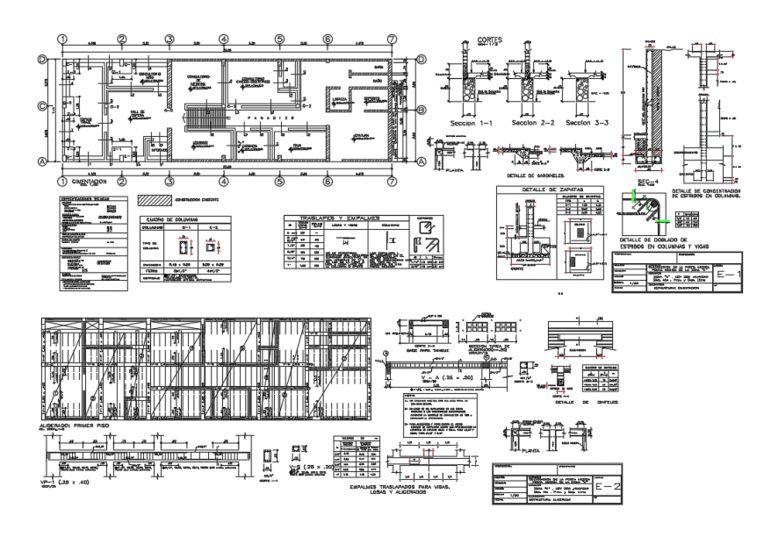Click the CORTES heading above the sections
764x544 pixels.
[x=490, y=40]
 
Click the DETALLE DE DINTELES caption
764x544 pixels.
[x=586, y=402]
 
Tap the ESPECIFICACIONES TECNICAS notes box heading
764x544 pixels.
[x=85, y=199]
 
